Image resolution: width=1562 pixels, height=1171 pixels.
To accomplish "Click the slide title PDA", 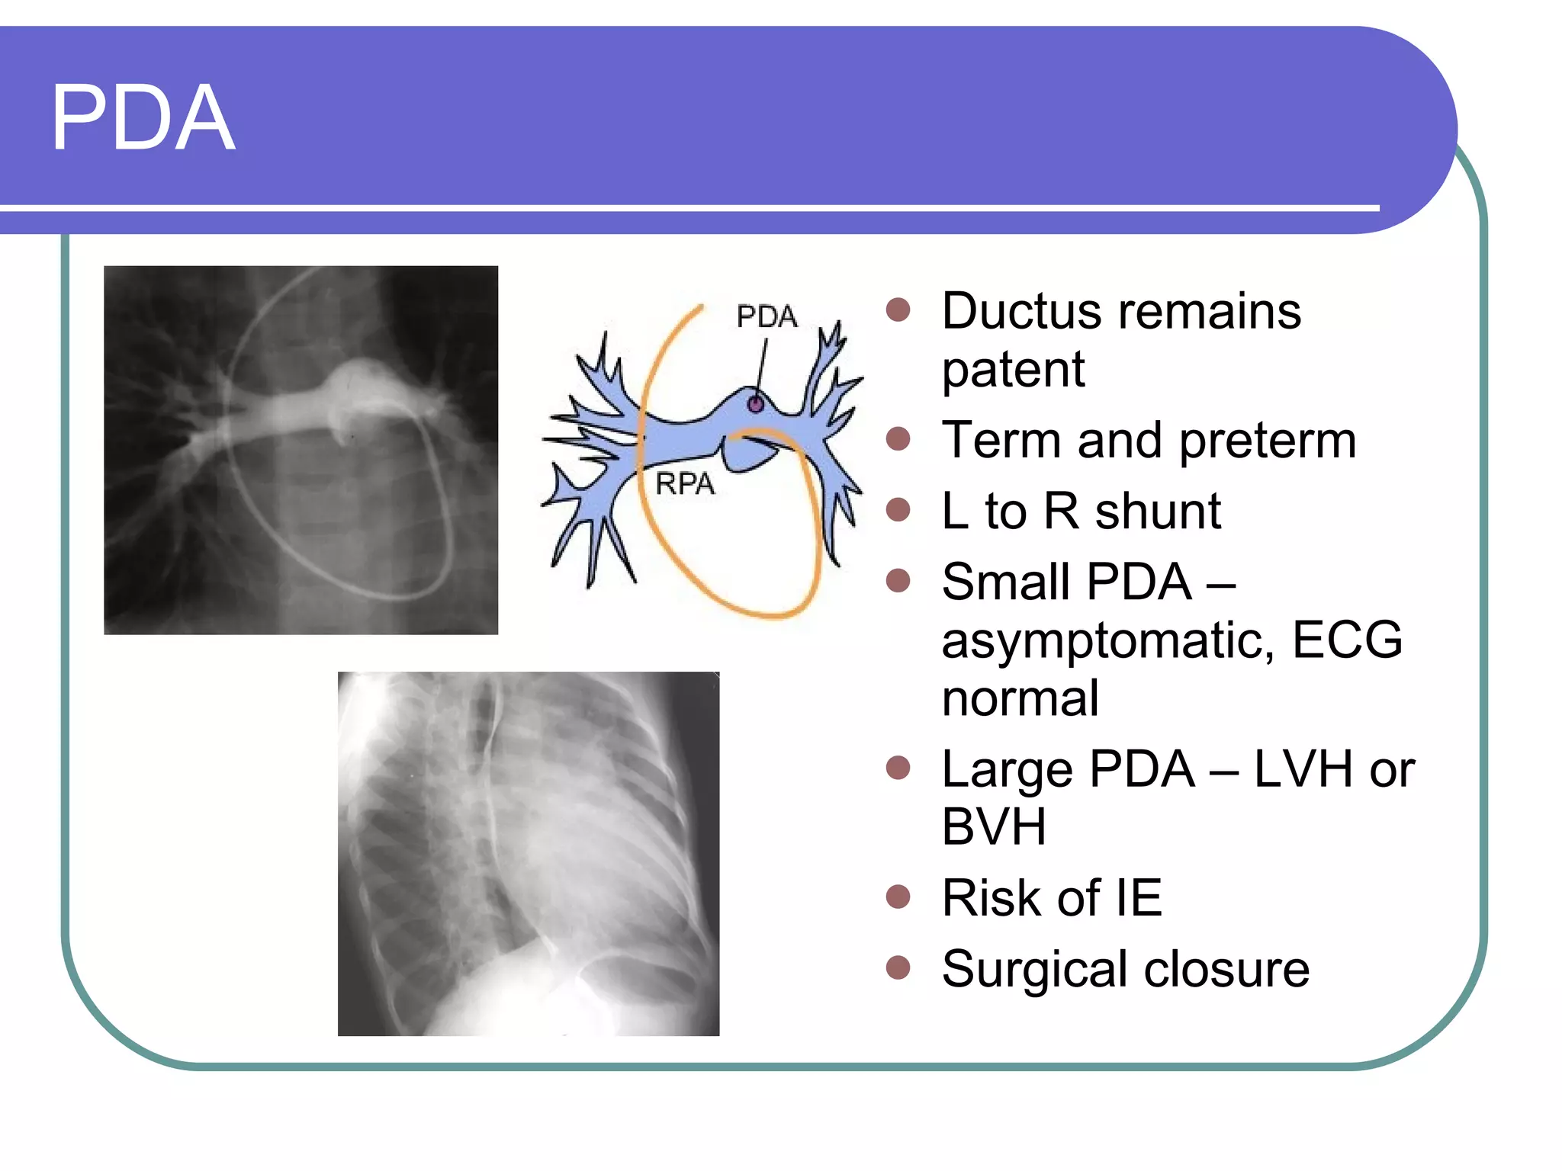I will tap(143, 118).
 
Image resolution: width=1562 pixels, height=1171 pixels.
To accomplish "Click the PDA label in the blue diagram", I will tap(767, 316).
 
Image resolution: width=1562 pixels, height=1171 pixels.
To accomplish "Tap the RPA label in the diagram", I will tap(685, 484).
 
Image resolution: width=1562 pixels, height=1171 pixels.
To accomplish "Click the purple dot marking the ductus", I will tap(755, 404).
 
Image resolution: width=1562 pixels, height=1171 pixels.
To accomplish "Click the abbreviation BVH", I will tap(993, 826).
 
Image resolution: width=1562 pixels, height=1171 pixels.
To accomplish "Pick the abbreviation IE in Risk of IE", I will tap(1139, 898).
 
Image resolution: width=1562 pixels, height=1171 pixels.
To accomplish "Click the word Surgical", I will tap(1035, 970).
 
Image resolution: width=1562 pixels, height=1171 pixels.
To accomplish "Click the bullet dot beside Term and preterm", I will tap(898, 439).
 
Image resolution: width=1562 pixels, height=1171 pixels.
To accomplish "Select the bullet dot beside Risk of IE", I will tap(898, 897).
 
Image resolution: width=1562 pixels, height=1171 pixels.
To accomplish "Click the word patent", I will tap(1013, 371).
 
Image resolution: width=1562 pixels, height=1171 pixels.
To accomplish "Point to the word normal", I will tap(1020, 698).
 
